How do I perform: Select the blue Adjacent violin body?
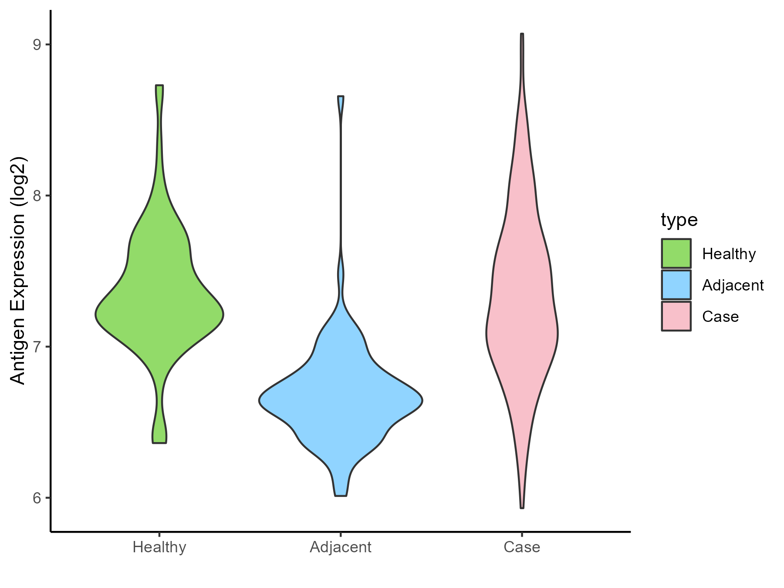[341, 392]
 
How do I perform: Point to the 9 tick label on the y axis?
[37, 44]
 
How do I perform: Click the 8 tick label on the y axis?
[37, 196]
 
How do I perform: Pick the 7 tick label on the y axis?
[37, 347]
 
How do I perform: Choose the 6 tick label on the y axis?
[37, 498]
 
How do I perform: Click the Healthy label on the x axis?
[159, 547]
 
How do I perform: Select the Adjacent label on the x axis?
[341, 547]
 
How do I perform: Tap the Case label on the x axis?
[522, 547]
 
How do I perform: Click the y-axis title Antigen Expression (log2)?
[18, 270]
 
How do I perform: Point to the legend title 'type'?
[679, 220]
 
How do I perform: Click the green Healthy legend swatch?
[676, 253]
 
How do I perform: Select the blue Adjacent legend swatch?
[676, 285]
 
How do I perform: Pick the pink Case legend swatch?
[676, 316]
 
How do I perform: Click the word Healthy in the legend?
[729, 254]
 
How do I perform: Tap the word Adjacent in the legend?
[733, 285]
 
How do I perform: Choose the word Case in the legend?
[720, 317]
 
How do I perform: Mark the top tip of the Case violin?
[522, 34]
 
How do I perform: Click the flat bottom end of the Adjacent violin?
[341, 495]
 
